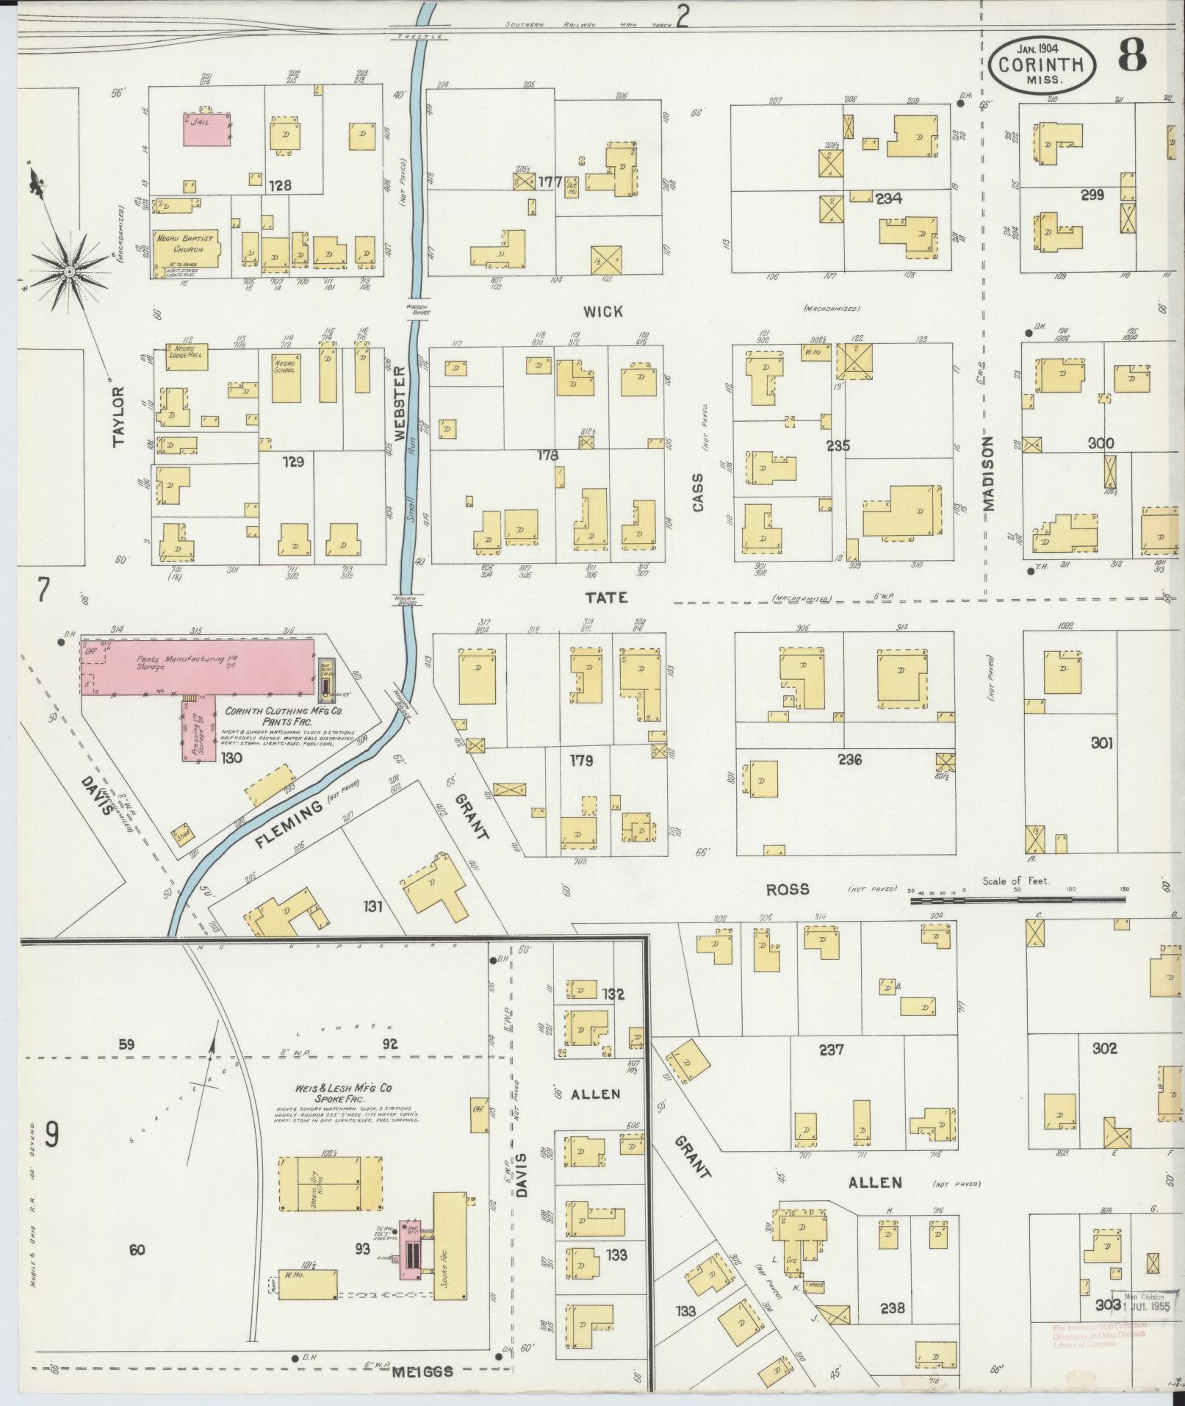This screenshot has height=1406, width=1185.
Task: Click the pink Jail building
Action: click(206, 129)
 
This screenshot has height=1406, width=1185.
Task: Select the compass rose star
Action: click(68, 272)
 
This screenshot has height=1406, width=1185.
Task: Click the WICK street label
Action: click(603, 312)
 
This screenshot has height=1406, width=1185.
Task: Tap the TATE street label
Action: click(607, 597)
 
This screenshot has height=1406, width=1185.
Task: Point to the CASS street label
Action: click(697, 492)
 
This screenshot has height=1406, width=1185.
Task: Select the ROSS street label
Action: click(788, 889)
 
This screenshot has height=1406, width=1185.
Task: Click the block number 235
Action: click(838, 445)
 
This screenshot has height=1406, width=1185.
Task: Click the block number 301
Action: click(1102, 743)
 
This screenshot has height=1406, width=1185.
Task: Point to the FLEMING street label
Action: click(290, 824)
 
